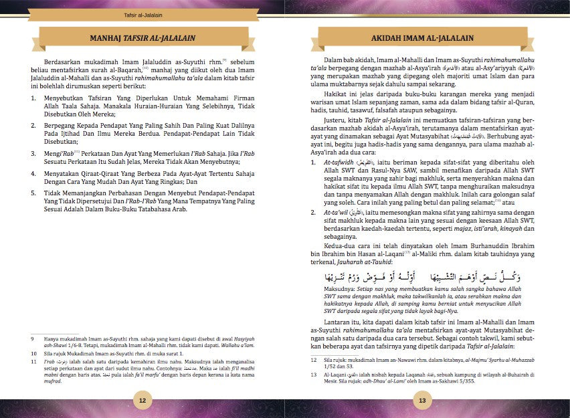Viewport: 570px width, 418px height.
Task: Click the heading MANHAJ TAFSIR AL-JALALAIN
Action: pos(142,37)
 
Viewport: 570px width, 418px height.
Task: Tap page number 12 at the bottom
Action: pos(142,400)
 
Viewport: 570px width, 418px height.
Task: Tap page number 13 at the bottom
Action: pos(422,400)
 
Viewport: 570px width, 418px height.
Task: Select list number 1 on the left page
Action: pos(33,98)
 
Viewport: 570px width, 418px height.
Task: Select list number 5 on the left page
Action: pos(33,192)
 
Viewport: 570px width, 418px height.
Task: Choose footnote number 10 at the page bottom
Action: pos(33,352)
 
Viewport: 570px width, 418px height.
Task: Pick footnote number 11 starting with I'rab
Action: pos(33,361)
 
